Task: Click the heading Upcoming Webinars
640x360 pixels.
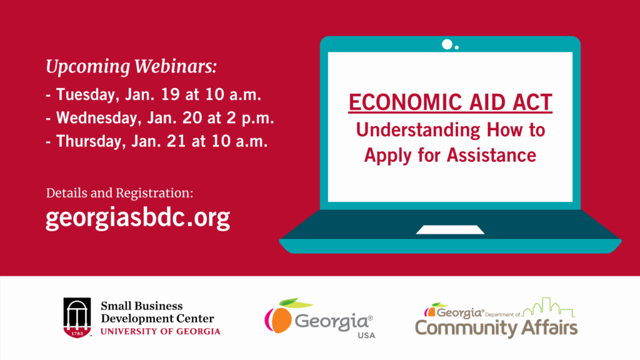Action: tap(131, 67)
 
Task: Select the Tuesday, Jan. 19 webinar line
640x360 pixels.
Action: tap(154, 95)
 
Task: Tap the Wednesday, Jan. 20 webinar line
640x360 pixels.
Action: tap(160, 118)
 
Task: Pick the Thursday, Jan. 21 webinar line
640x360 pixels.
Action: tap(157, 141)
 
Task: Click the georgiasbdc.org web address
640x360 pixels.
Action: tap(138, 218)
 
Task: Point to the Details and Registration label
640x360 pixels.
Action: tap(119, 193)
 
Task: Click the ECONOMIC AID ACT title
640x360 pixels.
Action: tap(450, 102)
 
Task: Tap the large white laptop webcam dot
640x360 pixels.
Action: tap(447, 44)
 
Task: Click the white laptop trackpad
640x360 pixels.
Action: tap(450, 230)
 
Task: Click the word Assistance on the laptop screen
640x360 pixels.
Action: tap(491, 155)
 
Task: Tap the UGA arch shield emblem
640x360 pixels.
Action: tap(77, 317)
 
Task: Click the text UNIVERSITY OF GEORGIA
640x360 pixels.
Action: tap(161, 331)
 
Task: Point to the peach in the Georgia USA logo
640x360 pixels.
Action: tap(279, 319)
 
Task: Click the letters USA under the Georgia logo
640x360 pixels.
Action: tap(366, 336)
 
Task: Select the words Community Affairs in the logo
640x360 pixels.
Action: tap(496, 328)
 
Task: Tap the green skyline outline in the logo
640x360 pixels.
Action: tap(548, 307)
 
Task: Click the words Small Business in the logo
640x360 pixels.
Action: tap(142, 306)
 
